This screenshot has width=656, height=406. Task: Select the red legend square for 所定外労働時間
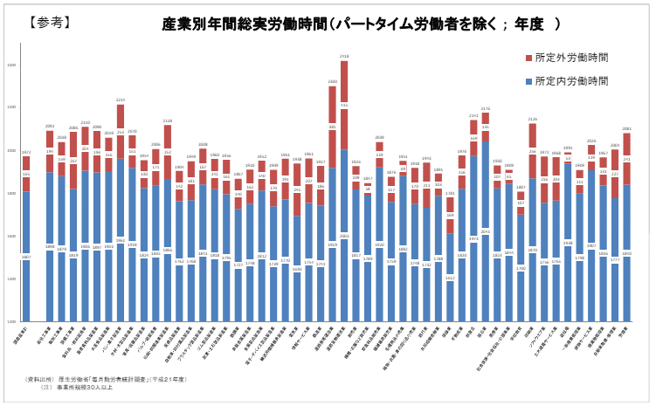coord(528,58)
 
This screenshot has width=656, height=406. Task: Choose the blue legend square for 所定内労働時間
coord(528,81)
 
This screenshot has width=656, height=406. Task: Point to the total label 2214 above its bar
coord(121,100)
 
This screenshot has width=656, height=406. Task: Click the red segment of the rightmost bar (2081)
coord(626,158)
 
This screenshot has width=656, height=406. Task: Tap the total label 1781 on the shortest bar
coord(450,193)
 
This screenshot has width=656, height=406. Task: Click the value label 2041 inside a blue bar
coord(486,232)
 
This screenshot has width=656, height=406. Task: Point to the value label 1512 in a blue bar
coord(450,278)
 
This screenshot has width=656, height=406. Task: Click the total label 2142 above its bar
coord(473,115)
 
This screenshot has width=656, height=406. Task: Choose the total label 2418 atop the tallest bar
coord(344,57)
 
